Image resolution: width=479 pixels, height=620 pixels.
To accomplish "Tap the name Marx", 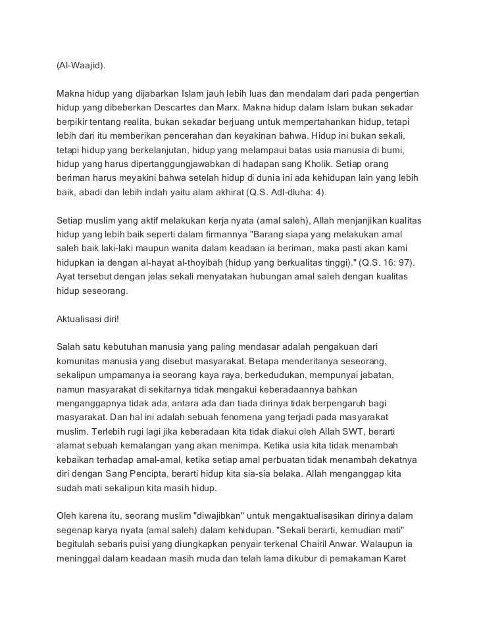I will [x=227, y=107].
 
